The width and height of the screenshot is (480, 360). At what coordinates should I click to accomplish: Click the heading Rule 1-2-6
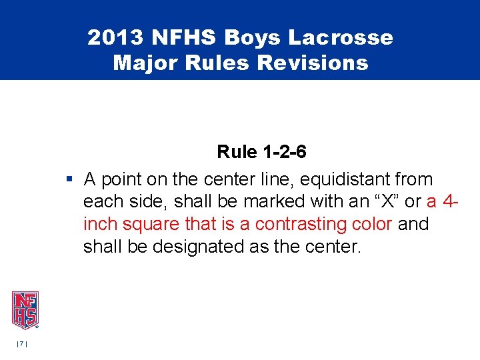(261, 153)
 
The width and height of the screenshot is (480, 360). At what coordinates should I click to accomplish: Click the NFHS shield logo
(25, 309)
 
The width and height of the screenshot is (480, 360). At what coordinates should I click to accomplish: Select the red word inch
(99, 225)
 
